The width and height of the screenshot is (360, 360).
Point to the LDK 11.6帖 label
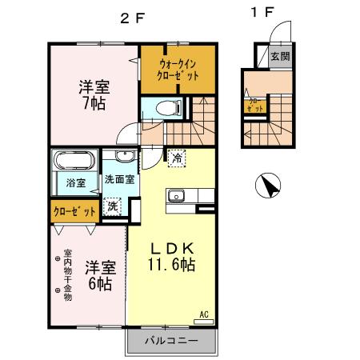coord(171,254)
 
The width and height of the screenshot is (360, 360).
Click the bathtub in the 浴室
coord(74,160)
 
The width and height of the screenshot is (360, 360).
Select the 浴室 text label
coord(76,183)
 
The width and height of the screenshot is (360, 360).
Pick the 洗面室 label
coord(118,179)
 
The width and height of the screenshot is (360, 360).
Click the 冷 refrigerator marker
coord(176,158)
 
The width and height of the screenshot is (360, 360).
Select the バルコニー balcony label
coord(171,342)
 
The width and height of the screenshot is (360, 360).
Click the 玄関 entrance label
coord(280,56)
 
